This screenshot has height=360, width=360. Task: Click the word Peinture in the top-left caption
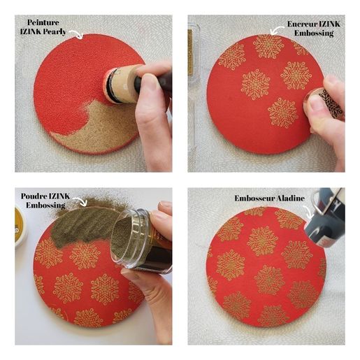pyautogui.click(x=43, y=22)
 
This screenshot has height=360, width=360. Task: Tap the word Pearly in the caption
pyautogui.click(x=55, y=32)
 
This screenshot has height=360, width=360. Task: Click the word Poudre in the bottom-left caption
pyautogui.click(x=34, y=196)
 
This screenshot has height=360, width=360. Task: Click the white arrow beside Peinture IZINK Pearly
pyautogui.click(x=76, y=34)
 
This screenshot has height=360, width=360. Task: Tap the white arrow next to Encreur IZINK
pyautogui.click(x=277, y=30)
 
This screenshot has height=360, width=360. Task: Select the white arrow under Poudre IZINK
pyautogui.click(x=80, y=201)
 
